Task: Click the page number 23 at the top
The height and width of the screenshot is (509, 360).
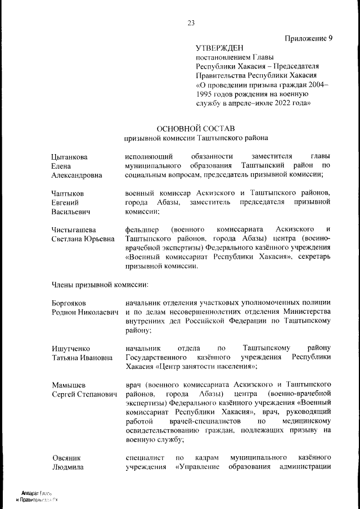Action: pos(191,23)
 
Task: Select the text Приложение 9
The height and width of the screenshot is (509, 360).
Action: pos(309,38)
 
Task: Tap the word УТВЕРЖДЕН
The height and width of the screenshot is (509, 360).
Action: pos(220,49)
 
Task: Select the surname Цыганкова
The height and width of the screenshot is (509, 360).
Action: pos(70,156)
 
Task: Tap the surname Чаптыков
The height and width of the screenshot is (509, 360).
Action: pos(68,193)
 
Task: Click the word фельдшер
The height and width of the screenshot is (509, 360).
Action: pos(141,230)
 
